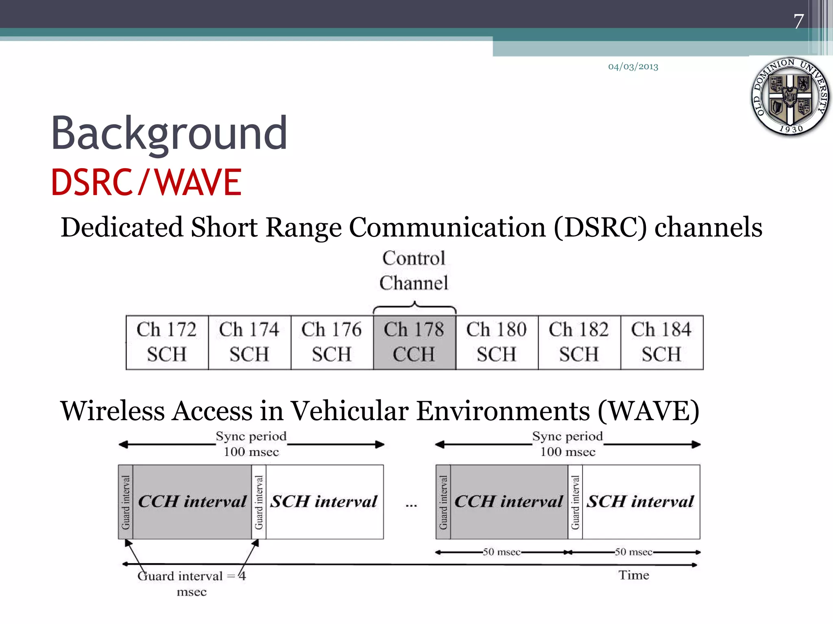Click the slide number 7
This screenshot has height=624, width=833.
point(798,22)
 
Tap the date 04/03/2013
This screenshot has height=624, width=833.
point(633,67)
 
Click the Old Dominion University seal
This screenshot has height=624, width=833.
point(790,97)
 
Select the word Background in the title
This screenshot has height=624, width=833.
point(169,134)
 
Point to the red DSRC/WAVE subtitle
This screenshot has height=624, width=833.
point(146,182)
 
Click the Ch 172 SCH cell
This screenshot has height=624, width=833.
point(167,342)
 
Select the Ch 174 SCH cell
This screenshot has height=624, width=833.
point(249,342)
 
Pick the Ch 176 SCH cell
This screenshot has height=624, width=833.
point(332,342)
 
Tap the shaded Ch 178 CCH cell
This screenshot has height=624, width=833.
point(414,342)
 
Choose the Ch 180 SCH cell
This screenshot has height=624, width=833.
point(497,342)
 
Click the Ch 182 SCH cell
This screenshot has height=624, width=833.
point(579,342)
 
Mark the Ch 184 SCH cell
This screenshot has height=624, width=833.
point(661,342)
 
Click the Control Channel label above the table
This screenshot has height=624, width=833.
point(414,271)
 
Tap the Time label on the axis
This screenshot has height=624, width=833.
point(634,575)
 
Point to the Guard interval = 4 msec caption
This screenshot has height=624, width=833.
point(192,583)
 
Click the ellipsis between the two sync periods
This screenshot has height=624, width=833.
point(411,505)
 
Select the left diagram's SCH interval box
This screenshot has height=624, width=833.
point(324,502)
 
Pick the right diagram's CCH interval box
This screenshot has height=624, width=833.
point(508,502)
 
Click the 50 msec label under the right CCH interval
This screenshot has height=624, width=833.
point(502,552)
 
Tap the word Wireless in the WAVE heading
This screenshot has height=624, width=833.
point(112,411)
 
